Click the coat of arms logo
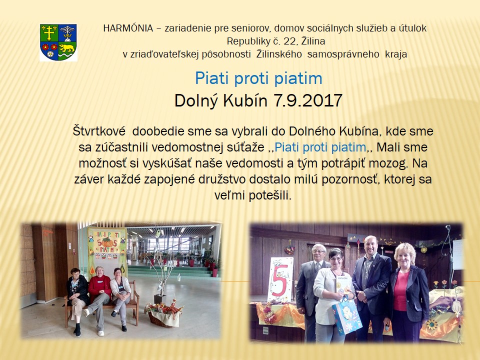click(x=58, y=42)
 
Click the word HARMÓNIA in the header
click(x=128, y=28)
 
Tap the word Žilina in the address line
click(x=313, y=41)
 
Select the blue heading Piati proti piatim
click(x=258, y=78)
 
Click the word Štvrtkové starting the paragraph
click(x=99, y=131)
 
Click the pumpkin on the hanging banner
click(x=107, y=242)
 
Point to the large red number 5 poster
click(x=280, y=279)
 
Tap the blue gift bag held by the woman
click(x=347, y=315)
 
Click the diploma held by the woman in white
click(x=343, y=284)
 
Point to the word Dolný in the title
click(x=196, y=100)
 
